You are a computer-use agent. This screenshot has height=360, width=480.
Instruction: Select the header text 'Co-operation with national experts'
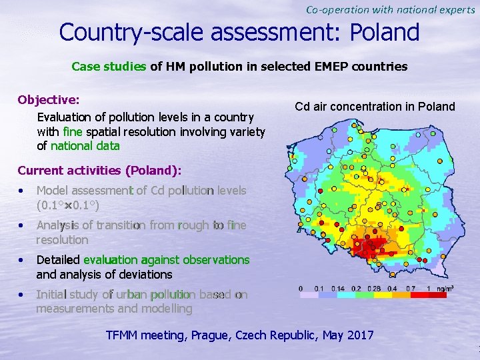[x=391, y=9]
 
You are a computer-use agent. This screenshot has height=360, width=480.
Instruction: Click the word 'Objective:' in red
[x=49, y=100]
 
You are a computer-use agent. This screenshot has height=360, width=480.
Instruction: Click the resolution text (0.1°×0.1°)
[x=68, y=204]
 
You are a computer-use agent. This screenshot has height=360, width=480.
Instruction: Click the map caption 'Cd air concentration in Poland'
[x=375, y=107]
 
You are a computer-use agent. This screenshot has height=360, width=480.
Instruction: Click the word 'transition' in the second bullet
[x=116, y=225]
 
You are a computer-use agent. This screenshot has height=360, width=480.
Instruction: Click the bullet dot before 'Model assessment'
[x=23, y=191]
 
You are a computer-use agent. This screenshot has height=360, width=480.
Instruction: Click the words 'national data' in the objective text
[x=85, y=145]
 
